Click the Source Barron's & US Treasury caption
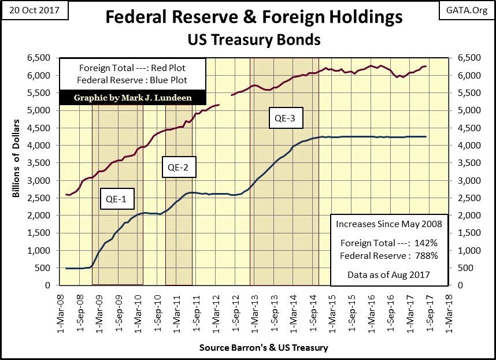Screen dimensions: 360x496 pos(264,347)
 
